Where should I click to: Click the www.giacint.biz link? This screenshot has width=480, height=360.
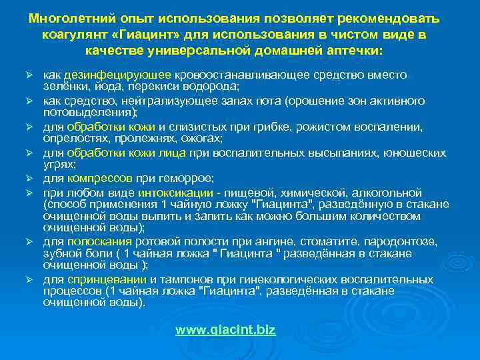pyautogui.click(x=225, y=330)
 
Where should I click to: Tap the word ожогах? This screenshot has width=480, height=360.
pyautogui.click(x=201, y=139)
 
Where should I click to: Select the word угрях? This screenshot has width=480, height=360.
pyautogui.click(x=59, y=164)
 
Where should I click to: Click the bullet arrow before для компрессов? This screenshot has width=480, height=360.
pyautogui.click(x=30, y=179)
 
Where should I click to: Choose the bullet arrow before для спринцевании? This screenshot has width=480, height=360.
pyautogui.click(x=30, y=279)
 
